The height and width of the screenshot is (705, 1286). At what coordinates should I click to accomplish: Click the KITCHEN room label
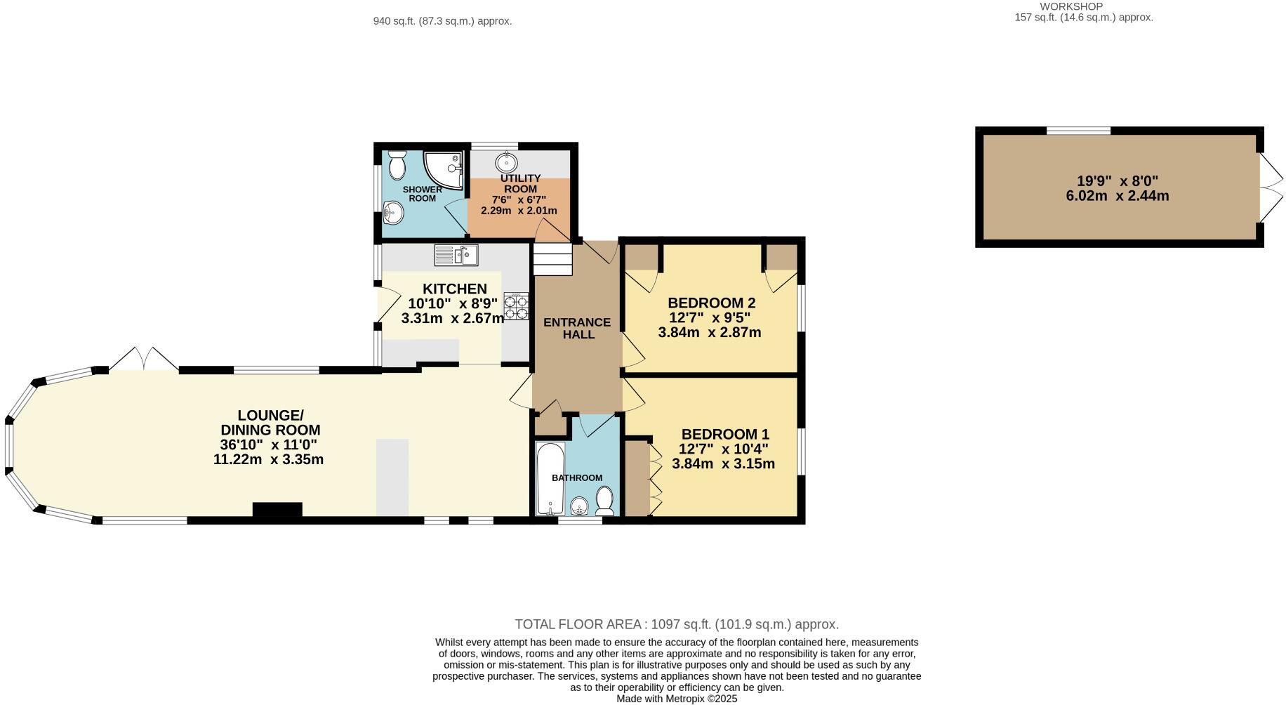click(x=454, y=289)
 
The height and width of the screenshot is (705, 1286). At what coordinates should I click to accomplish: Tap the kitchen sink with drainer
click(x=456, y=255)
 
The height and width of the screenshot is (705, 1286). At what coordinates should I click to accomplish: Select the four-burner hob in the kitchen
click(x=517, y=307)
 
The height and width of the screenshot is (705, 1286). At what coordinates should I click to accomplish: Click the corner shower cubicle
click(x=444, y=171)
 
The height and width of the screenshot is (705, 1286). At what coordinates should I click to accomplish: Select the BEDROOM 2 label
click(x=711, y=303)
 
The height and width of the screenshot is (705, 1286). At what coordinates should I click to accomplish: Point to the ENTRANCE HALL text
click(x=577, y=329)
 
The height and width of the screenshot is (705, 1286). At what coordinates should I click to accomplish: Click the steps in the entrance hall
click(x=553, y=260)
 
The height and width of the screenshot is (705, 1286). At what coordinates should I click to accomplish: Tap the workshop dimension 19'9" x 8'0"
click(x=1118, y=180)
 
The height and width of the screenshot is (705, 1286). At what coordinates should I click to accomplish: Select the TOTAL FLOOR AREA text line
click(x=677, y=624)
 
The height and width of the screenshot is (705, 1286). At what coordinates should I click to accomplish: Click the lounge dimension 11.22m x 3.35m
click(x=268, y=460)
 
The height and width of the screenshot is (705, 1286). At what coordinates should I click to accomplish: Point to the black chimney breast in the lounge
click(x=277, y=510)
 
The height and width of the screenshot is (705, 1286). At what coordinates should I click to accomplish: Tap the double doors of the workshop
click(x=1269, y=187)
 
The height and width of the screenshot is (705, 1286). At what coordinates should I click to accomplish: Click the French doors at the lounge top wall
click(x=143, y=358)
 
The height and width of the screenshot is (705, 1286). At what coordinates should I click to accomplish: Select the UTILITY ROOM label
click(x=520, y=183)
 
